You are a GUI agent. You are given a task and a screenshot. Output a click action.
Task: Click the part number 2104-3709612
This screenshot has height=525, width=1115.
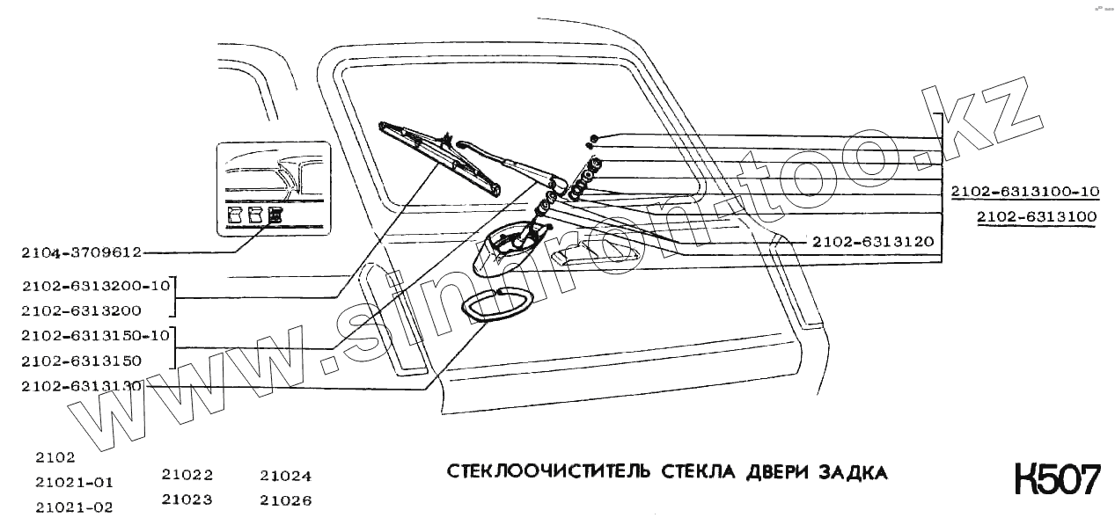(81, 252)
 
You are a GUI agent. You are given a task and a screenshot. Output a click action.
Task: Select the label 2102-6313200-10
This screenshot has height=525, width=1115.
(93, 285)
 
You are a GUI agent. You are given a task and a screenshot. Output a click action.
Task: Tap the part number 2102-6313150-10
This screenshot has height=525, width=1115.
(93, 335)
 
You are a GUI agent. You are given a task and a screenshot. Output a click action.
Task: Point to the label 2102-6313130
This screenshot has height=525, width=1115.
(81, 385)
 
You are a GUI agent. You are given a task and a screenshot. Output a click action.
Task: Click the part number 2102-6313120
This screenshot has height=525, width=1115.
(872, 241)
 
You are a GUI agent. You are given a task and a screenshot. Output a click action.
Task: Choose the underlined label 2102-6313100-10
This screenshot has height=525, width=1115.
(1024, 191)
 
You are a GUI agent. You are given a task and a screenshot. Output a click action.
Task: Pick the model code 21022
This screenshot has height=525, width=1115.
(187, 475)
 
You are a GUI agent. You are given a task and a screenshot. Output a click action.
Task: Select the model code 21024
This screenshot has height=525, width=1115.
(286, 476)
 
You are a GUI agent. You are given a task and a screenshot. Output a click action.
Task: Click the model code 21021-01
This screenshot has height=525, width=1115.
(75, 482)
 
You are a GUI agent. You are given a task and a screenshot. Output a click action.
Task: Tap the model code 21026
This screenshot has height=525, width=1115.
(286, 500)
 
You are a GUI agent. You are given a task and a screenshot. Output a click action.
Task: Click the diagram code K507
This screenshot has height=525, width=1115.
(1057, 481)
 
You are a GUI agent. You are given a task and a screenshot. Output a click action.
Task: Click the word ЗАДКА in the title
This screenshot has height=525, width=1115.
(853, 472)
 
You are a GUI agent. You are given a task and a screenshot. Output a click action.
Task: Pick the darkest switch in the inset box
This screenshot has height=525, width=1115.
(276, 215)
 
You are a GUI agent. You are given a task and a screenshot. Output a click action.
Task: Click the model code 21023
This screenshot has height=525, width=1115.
(187, 500)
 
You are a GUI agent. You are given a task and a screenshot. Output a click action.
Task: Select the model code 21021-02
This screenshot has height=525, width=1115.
(75, 507)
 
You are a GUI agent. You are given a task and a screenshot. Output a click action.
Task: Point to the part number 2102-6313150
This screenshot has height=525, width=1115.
(81, 361)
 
